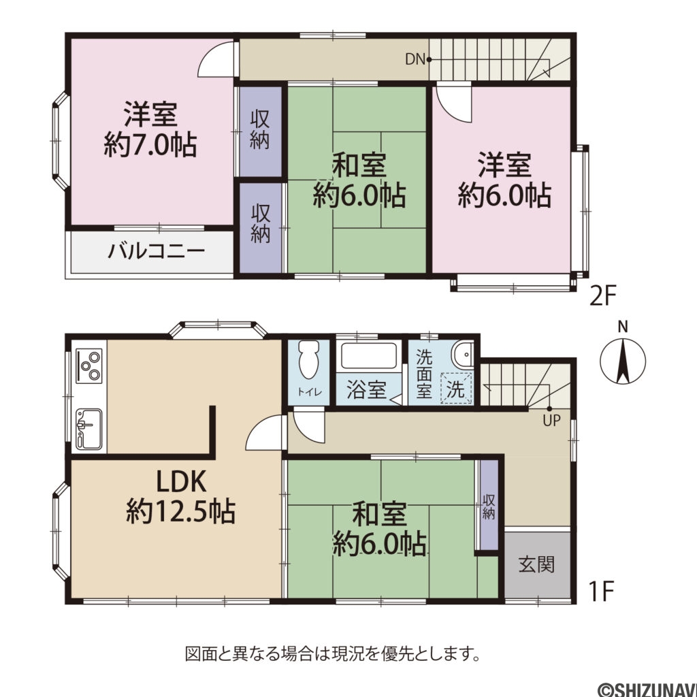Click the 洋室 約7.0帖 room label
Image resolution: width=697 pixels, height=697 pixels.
(150, 129)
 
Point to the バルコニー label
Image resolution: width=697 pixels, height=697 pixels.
(157, 252)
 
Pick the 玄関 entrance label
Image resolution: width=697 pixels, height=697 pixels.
(536, 564)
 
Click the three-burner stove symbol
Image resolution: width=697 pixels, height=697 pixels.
(89, 364)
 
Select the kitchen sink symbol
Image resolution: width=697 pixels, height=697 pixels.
(88, 429)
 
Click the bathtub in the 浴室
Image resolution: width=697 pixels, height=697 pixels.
(368, 357)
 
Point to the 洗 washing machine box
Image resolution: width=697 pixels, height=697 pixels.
(455, 390)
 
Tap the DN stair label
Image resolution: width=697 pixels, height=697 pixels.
(415, 60)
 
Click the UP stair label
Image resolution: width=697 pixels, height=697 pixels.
(551, 420)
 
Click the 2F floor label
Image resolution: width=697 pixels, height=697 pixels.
(602, 296)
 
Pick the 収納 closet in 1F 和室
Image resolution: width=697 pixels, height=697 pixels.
(489, 506)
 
